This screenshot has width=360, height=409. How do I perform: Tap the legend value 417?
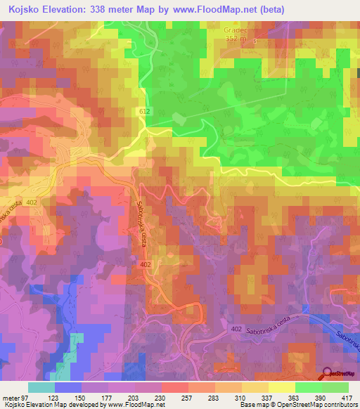click(347, 398)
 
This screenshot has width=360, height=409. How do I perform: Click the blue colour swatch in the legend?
click(67, 387)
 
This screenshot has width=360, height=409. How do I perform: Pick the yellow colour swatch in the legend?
click(281, 387)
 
